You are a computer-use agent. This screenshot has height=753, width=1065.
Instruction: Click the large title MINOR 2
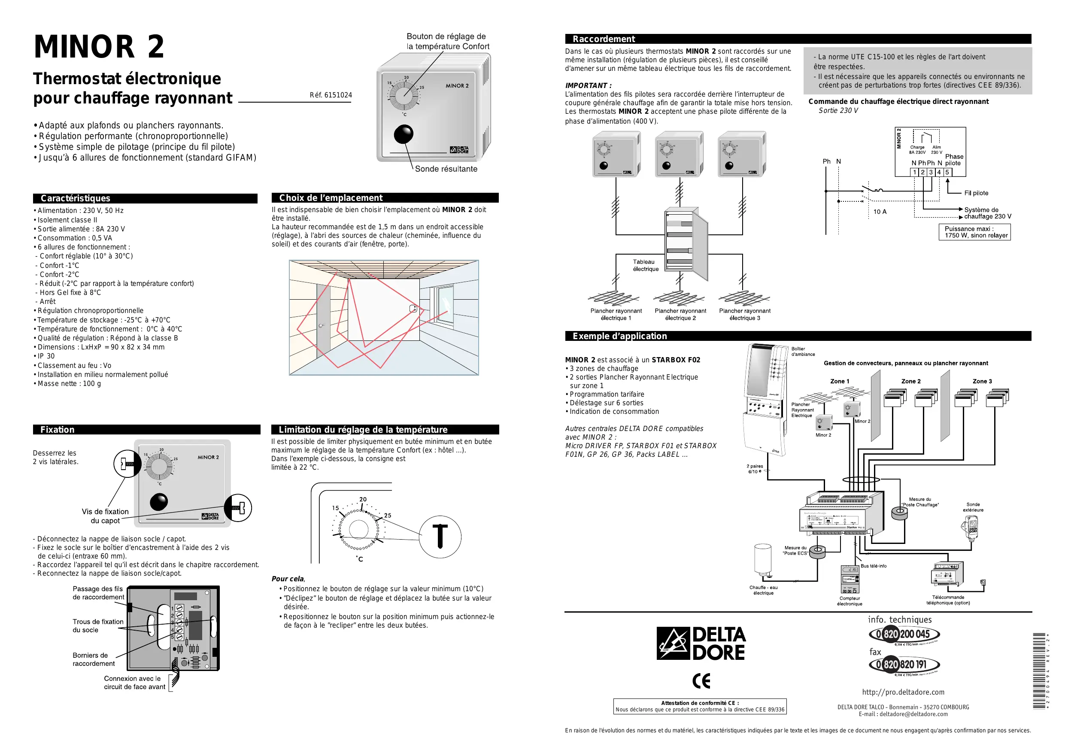coord(99,47)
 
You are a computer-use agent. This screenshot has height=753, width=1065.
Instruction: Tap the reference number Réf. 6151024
coord(331,95)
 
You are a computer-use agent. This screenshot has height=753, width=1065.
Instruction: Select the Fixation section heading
coord(57,430)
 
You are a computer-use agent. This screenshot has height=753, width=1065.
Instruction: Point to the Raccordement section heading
coord(604,39)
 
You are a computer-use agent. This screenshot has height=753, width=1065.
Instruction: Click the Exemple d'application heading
coord(619,336)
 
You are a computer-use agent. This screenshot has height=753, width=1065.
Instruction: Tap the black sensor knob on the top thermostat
coord(403,134)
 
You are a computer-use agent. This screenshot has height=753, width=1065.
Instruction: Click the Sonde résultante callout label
coord(446,169)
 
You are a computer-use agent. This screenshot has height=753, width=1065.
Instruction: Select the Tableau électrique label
coord(645,265)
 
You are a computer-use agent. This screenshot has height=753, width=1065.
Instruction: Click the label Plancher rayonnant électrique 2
coord(680,315)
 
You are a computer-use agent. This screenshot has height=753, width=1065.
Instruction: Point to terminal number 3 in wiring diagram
coord(931,172)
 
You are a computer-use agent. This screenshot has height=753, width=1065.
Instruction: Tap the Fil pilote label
coord(976,193)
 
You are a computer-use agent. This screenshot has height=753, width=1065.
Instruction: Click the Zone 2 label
coord(910,381)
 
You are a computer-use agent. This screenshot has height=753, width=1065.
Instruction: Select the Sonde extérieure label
coord(973,507)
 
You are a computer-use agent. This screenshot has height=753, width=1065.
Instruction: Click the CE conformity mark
coord(701,680)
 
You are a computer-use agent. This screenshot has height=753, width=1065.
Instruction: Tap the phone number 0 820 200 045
coord(904,634)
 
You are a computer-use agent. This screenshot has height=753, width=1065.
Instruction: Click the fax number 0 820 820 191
coord(904,665)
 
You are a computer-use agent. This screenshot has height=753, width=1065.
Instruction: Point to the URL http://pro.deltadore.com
coord(903,692)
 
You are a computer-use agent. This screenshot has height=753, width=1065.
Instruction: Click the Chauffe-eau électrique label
coord(763,590)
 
